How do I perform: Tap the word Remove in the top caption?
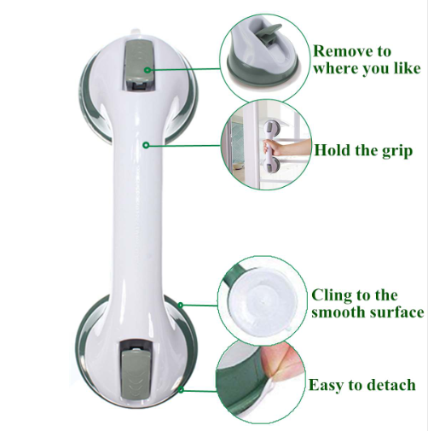[x=338, y=51]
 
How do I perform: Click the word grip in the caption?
[x=393, y=151]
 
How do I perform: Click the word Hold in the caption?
[x=333, y=151]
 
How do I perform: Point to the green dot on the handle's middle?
[x=146, y=146]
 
